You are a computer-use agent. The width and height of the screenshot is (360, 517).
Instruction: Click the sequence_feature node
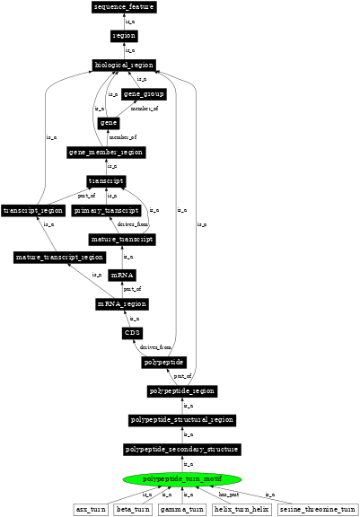(x=124, y=7)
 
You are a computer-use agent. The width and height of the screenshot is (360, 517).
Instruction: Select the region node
(x=124, y=36)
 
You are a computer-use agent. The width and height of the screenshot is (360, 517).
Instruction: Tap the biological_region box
(x=124, y=65)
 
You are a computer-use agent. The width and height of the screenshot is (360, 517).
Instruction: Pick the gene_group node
(x=144, y=93)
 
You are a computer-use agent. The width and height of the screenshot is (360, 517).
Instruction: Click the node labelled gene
(x=109, y=122)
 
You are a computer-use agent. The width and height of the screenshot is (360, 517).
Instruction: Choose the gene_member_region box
(x=107, y=152)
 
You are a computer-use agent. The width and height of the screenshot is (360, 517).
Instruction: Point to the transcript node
(x=107, y=180)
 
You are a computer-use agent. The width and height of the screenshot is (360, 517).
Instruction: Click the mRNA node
(x=122, y=275)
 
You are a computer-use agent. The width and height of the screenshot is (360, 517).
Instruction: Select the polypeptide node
(x=163, y=363)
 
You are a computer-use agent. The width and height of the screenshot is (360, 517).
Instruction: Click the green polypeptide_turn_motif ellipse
(x=182, y=479)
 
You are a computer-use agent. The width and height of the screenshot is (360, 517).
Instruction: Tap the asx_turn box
(x=91, y=509)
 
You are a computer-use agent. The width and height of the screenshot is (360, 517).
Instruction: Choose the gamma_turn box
(x=182, y=509)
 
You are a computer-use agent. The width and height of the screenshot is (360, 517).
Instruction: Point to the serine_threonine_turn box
(x=313, y=509)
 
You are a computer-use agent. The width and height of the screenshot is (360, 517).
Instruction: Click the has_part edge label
(x=230, y=494)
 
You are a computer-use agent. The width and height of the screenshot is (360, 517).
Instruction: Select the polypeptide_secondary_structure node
(x=182, y=449)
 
